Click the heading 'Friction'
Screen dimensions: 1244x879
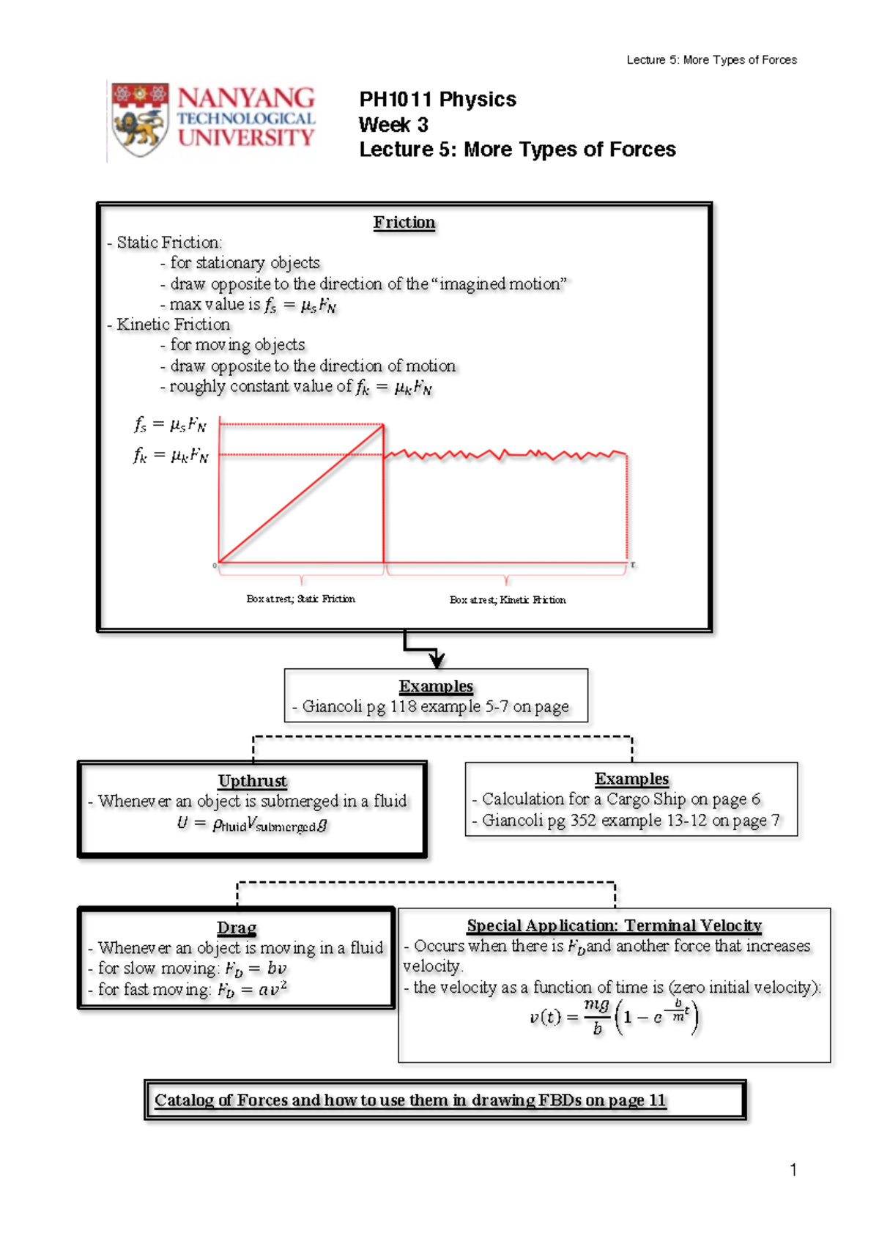(x=404, y=223)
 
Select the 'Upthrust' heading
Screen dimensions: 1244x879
(x=253, y=781)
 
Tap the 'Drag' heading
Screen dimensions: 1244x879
(x=237, y=928)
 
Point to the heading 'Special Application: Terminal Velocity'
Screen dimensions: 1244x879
(x=614, y=926)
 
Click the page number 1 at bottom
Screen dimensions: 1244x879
(x=793, y=1170)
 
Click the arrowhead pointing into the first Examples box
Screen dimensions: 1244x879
(x=437, y=659)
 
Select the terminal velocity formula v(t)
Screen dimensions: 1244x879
(x=614, y=1017)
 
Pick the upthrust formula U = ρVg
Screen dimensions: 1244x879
(x=253, y=824)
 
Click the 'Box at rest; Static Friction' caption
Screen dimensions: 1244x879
(x=301, y=599)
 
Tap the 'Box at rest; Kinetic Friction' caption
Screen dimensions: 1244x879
(x=508, y=600)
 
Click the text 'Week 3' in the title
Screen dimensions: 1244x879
(x=393, y=125)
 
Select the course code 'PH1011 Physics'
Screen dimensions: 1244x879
(x=437, y=100)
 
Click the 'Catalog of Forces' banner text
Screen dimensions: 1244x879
(x=410, y=1100)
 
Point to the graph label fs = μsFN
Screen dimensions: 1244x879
(x=171, y=424)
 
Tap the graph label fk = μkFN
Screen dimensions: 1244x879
(x=171, y=456)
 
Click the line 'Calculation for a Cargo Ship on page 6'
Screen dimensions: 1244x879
(x=620, y=799)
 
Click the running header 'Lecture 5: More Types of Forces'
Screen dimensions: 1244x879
(x=711, y=60)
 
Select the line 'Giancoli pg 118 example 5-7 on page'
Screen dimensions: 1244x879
(x=435, y=707)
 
